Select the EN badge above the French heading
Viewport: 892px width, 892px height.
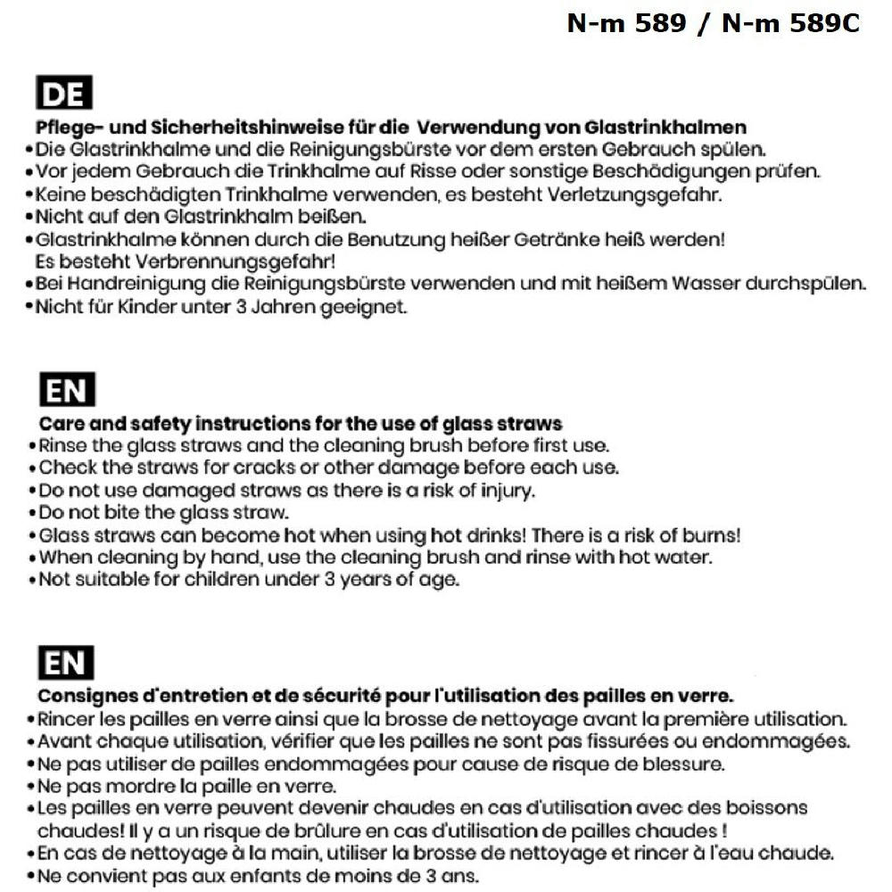tap(65, 664)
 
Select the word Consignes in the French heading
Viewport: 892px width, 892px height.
tap(84, 695)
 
